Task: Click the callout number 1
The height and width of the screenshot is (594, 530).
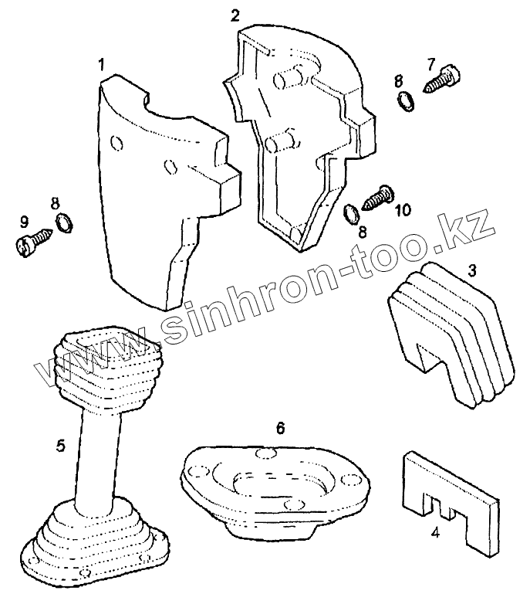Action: pyautogui.click(x=100, y=62)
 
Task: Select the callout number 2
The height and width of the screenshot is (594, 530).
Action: pyautogui.click(x=235, y=15)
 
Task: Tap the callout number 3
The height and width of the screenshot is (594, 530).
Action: pyautogui.click(x=472, y=270)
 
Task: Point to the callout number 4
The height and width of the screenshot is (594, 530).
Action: pyautogui.click(x=435, y=531)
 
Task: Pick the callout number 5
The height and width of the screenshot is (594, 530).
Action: pyautogui.click(x=59, y=446)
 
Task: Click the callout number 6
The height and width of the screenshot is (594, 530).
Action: pyautogui.click(x=281, y=426)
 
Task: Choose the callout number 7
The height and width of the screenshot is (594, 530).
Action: pyautogui.click(x=431, y=62)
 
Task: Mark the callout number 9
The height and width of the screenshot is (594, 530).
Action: pyautogui.click(x=25, y=220)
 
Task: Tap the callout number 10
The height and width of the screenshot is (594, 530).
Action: pyautogui.click(x=403, y=210)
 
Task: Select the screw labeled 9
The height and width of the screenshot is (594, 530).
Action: pyautogui.click(x=29, y=244)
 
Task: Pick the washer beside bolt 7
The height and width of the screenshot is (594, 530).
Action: pyautogui.click(x=404, y=100)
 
